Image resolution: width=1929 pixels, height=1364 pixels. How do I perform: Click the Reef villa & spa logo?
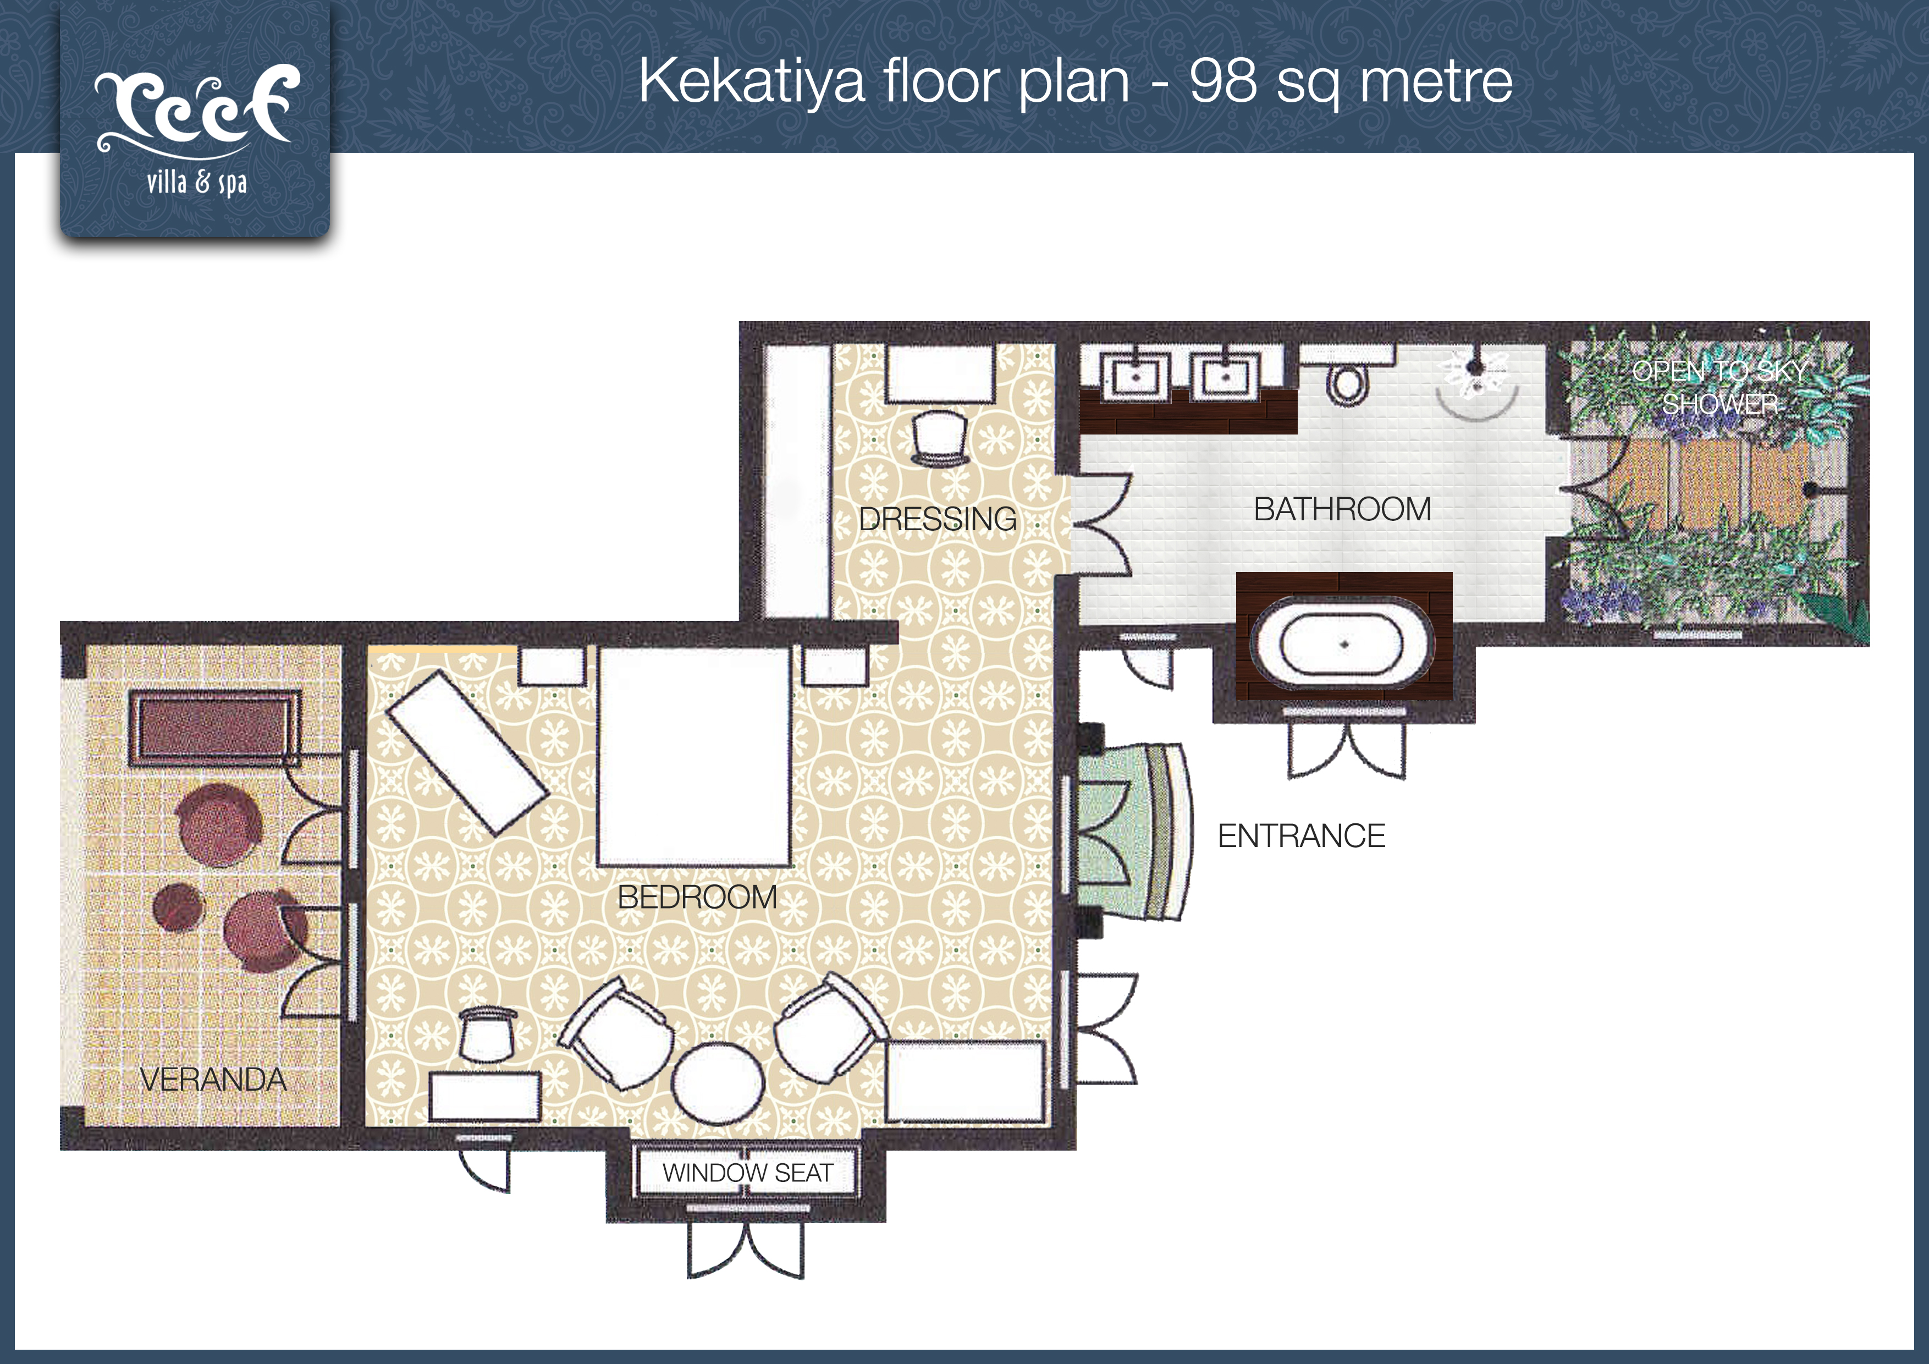(x=196, y=131)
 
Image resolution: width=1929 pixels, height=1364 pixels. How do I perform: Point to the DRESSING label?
(x=938, y=519)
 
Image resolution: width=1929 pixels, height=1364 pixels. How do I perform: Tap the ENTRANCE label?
(x=1302, y=835)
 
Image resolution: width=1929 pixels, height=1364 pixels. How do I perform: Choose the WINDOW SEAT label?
(x=748, y=1173)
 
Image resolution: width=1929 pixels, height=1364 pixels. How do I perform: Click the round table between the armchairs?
(x=718, y=1084)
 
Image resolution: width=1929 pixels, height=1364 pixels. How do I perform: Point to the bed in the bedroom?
(x=694, y=756)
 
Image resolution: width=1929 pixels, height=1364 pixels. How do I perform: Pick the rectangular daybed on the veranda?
(x=214, y=729)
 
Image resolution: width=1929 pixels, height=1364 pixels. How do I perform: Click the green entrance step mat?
(x=1134, y=832)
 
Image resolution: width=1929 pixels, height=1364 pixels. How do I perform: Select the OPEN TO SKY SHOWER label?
(x=1720, y=387)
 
